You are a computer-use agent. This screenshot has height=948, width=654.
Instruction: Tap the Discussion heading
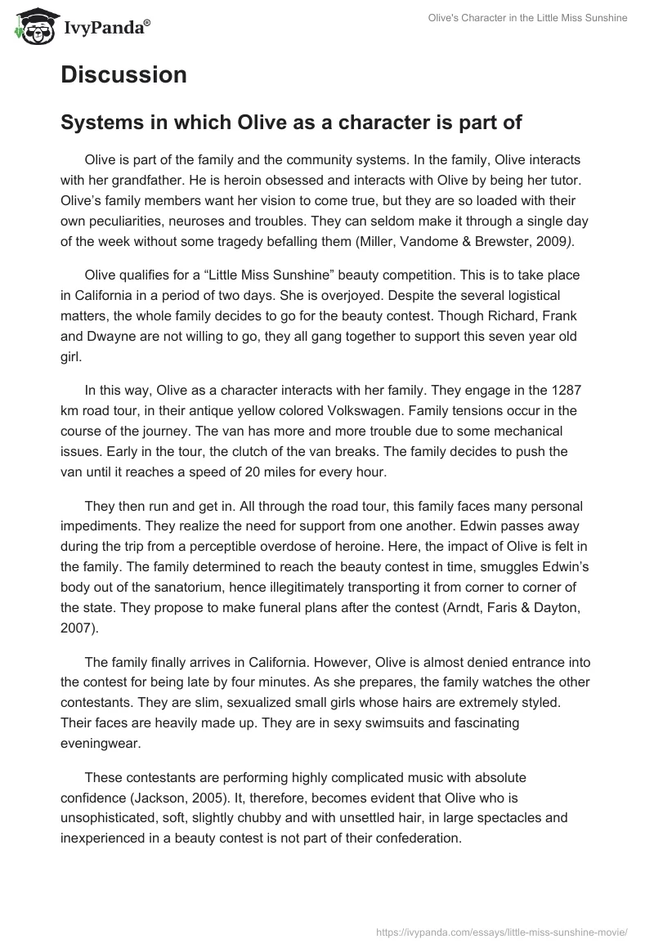pyautogui.click(x=123, y=75)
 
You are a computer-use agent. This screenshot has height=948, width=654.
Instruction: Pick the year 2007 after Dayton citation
pyautogui.click(x=77, y=646)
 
